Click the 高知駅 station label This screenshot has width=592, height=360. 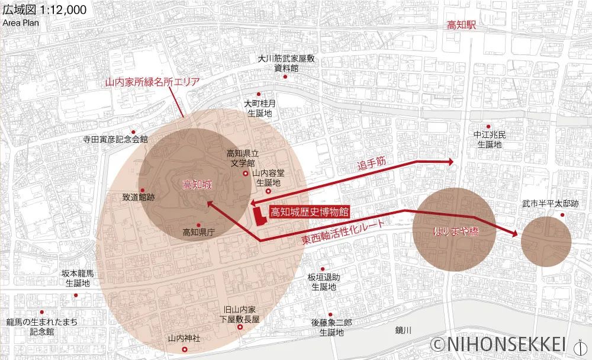463,27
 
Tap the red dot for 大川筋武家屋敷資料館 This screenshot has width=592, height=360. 285,77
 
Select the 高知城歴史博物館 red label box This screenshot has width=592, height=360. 308,211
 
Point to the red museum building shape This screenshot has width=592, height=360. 259,215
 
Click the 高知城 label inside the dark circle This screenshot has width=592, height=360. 198,185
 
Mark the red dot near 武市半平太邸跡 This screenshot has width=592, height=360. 562,215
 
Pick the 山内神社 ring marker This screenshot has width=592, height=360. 184,349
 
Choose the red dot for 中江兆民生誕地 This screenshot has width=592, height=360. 488,126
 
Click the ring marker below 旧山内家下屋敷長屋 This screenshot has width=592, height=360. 240,326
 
